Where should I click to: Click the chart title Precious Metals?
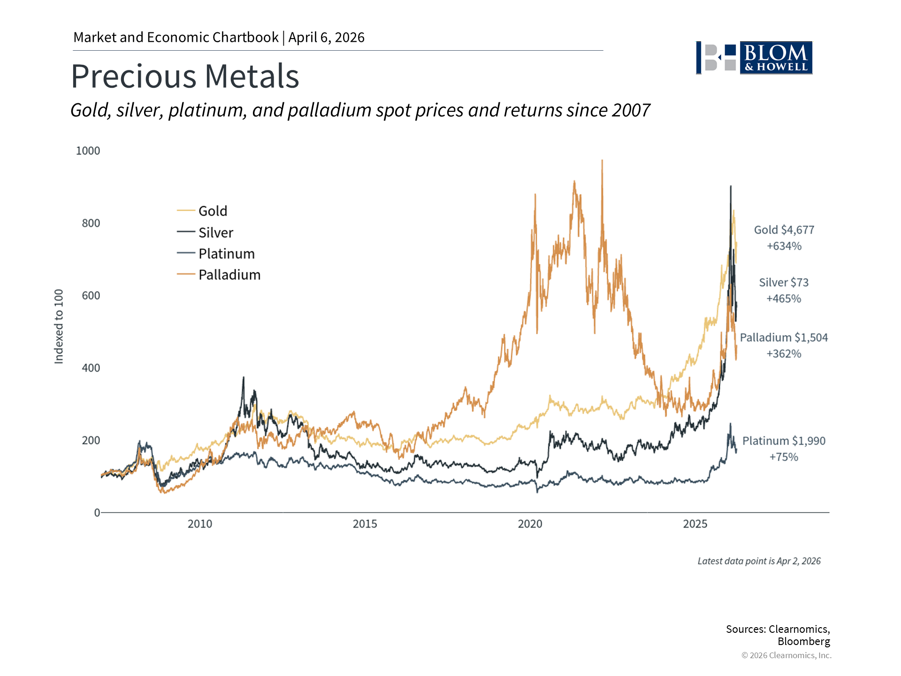coord(185,76)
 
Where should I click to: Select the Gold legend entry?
coord(213,211)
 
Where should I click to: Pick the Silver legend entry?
coord(215,232)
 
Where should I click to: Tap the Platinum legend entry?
coord(226,253)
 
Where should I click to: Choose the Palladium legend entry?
coord(229,275)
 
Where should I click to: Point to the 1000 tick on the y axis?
coord(88,151)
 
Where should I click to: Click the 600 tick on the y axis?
coord(91,295)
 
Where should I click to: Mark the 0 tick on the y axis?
coord(97,513)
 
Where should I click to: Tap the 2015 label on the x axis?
coord(365,524)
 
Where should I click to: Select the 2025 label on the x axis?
coord(695,524)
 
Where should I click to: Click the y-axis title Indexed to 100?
coord(59,326)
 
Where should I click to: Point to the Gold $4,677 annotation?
coord(784,230)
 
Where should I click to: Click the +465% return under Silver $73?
coord(784,299)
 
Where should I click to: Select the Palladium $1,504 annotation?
coord(784,338)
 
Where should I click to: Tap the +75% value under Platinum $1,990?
coord(784,457)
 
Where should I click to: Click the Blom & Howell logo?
coord(754,58)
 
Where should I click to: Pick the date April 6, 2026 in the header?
coord(327,38)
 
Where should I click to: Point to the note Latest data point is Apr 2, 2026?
coord(759,561)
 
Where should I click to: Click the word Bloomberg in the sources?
coord(803,641)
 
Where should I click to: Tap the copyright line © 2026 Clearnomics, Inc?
coord(786,655)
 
